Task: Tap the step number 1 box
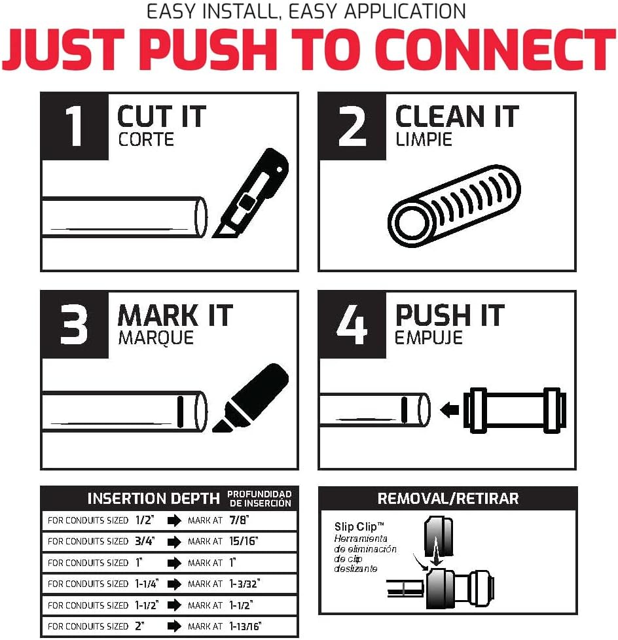pyautogui.click(x=75, y=126)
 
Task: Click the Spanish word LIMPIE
pyautogui.click(x=423, y=140)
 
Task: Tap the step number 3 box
pyautogui.click(x=75, y=325)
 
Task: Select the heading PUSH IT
pyautogui.click(x=450, y=316)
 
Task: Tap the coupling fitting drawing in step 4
pyautogui.click(x=515, y=410)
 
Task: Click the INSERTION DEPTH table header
pyautogui.click(x=153, y=499)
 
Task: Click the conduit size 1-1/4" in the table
pyautogui.click(x=149, y=584)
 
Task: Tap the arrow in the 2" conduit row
pyautogui.click(x=173, y=626)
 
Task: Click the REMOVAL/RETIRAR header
pyautogui.click(x=448, y=499)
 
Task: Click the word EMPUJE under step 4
pyautogui.click(x=428, y=338)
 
